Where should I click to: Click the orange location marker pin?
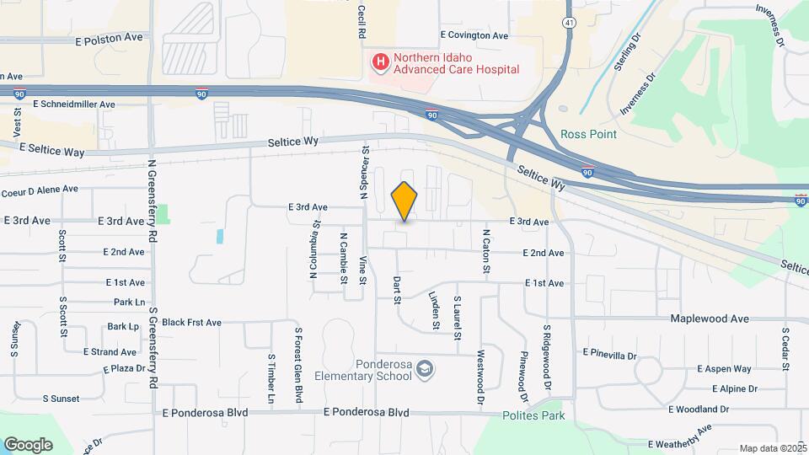click(404, 201)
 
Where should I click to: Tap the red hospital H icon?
click(380, 62)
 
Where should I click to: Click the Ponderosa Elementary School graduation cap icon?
click(426, 369)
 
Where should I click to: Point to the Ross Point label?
click(588, 134)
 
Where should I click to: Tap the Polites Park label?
click(533, 415)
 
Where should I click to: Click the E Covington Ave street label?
click(474, 36)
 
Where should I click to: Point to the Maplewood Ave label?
click(710, 319)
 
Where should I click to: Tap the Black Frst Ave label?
click(191, 322)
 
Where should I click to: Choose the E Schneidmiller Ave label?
click(73, 104)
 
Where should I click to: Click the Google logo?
click(28, 445)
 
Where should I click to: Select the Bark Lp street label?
click(123, 326)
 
